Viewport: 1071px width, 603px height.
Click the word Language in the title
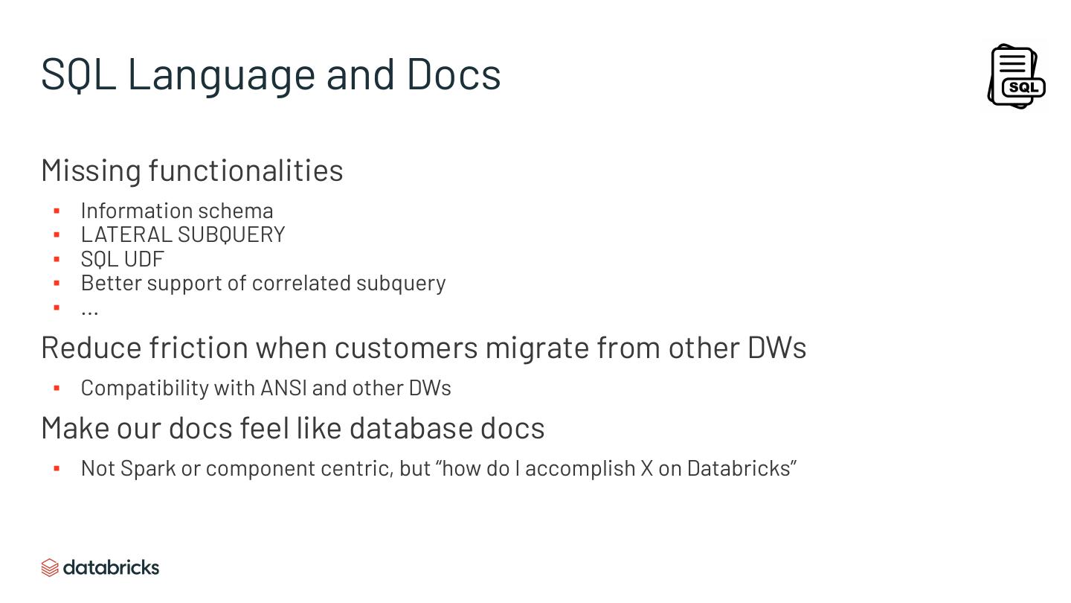(221, 74)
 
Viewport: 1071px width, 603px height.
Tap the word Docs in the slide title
(454, 74)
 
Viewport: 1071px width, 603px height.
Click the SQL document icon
(1016, 76)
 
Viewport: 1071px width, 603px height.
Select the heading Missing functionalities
(192, 170)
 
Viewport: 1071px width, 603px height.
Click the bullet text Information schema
(177, 211)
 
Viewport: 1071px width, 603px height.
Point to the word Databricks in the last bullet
(739, 468)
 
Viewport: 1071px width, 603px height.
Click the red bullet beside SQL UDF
(57, 259)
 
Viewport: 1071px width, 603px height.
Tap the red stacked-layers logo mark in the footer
(50, 568)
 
